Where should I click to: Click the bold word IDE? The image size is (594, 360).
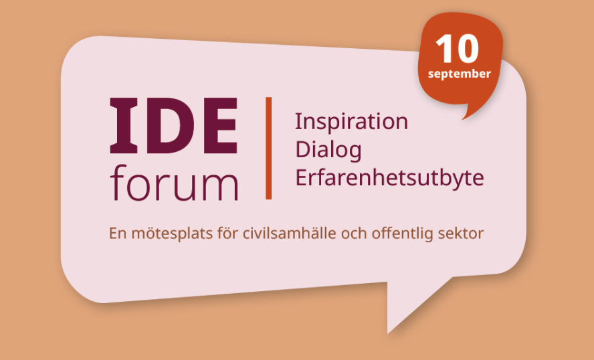[174, 126]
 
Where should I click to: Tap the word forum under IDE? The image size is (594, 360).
[175, 183]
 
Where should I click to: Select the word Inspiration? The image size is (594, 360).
[352, 122]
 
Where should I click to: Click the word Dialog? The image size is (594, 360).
[328, 151]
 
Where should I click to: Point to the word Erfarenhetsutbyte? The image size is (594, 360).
[390, 177]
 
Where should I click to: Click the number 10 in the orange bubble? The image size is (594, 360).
[458, 49]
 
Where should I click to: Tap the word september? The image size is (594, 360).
[460, 74]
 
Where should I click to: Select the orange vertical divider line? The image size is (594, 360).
[269, 148]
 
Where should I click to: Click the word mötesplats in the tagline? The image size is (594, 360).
[172, 233]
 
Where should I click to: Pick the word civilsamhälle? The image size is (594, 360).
[290, 233]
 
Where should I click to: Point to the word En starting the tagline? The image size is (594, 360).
[118, 233]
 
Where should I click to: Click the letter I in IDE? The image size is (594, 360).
[124, 126]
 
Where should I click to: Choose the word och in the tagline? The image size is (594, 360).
[354, 233]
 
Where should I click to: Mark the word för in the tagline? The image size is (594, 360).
[227, 233]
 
